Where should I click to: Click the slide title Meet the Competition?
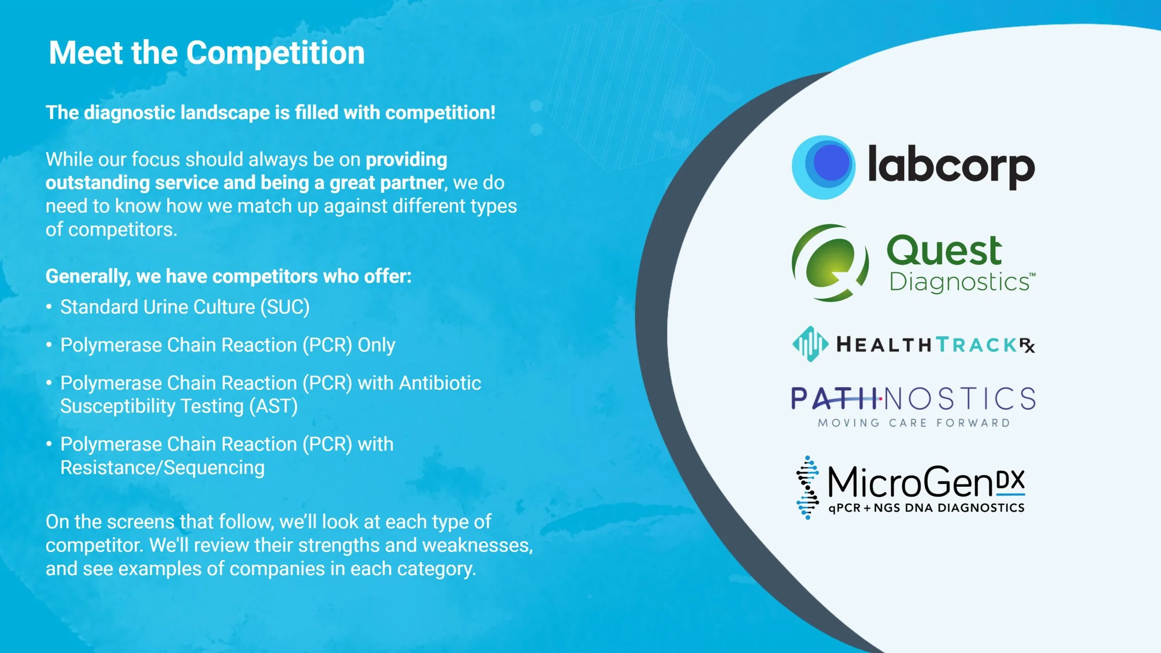(x=207, y=52)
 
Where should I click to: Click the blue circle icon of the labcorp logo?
(x=823, y=167)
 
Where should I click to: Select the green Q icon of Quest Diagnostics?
(x=830, y=263)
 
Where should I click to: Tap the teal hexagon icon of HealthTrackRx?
(x=810, y=344)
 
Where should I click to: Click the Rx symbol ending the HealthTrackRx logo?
(x=1027, y=345)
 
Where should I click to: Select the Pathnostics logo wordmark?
(x=913, y=398)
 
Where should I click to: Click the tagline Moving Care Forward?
(x=913, y=423)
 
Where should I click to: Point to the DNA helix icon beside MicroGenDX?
(x=807, y=488)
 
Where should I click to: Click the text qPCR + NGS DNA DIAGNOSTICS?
(x=926, y=508)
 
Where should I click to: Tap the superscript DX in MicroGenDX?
(x=1011, y=479)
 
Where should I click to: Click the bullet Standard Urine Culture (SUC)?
(x=184, y=307)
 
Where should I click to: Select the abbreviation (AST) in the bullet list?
(x=273, y=406)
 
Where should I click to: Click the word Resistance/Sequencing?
(x=162, y=468)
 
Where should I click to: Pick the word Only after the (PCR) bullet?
(x=376, y=345)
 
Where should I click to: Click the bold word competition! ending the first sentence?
(x=440, y=113)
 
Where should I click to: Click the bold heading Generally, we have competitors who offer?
(x=228, y=276)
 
